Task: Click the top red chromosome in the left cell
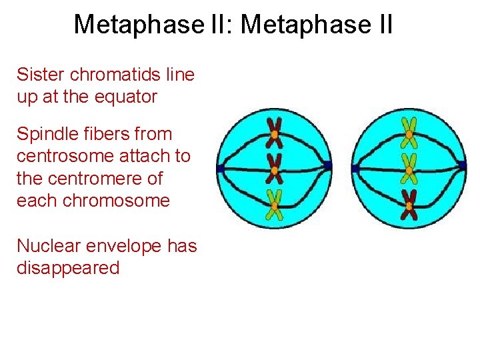point(274,133)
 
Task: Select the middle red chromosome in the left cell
point(274,169)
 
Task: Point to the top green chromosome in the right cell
point(409,133)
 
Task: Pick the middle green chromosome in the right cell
point(409,169)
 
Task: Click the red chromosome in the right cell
point(409,205)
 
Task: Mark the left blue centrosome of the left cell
point(219,169)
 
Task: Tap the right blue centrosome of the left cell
point(328,165)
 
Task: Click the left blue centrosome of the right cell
point(355,169)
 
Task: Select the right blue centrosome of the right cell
point(463,165)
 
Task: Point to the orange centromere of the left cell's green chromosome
point(274,205)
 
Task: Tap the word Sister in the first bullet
point(41,74)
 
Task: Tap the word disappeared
point(68,269)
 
